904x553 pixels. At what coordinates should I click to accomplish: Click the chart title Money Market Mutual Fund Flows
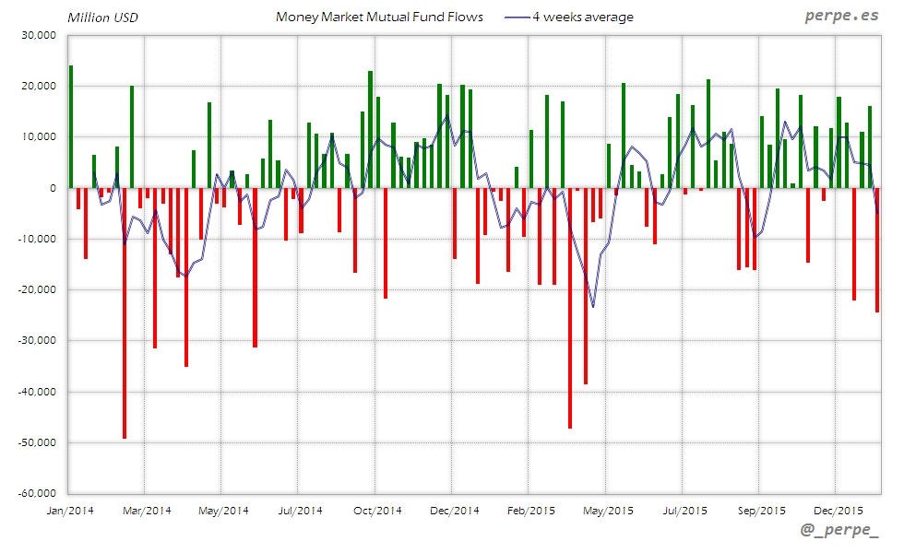(379, 18)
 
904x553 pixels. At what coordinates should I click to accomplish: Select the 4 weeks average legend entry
(582, 18)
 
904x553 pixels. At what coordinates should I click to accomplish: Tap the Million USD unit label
(102, 18)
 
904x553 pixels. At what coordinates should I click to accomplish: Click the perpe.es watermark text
(840, 17)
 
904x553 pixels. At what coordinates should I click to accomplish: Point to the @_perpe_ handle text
(840, 532)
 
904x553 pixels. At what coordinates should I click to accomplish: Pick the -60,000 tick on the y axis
(36, 493)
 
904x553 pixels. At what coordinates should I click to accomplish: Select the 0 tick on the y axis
(53, 188)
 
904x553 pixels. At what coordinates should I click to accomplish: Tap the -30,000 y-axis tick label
(36, 340)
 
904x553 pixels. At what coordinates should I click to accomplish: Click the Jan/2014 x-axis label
(70, 510)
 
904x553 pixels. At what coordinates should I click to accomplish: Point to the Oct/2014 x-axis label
(377, 510)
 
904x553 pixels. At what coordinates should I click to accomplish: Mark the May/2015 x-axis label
(607, 510)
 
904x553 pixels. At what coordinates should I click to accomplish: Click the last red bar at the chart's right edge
(877, 250)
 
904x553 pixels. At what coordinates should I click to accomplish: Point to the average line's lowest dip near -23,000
(593, 306)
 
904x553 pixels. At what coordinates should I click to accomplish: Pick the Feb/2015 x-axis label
(530, 510)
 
